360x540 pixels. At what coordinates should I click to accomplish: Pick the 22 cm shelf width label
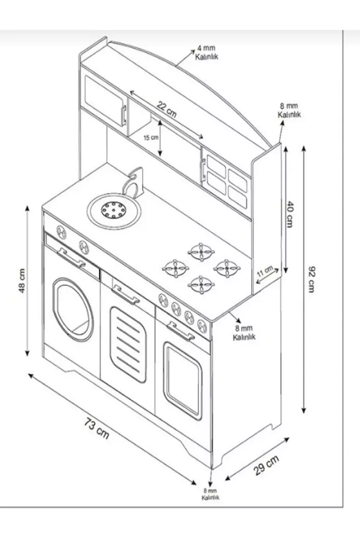tap(166, 109)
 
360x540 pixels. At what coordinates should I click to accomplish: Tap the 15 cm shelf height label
tap(151, 138)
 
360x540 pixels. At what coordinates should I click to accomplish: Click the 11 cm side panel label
tap(265, 272)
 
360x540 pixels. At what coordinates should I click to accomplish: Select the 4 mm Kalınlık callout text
tap(206, 53)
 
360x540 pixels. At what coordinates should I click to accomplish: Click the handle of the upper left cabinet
tap(124, 115)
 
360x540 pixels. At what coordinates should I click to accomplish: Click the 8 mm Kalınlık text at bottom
tap(210, 494)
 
